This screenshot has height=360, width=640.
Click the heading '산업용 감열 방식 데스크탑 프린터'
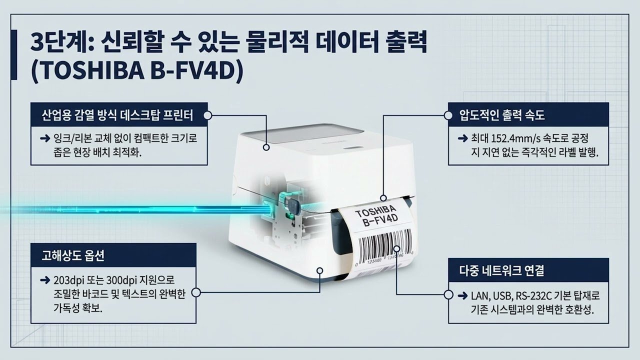[118, 115]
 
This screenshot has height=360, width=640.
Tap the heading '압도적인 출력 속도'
[502, 115]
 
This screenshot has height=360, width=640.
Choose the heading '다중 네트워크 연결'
[502, 271]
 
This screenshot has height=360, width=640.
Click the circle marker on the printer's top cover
[266, 148]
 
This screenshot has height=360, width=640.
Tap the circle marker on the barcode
[396, 248]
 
